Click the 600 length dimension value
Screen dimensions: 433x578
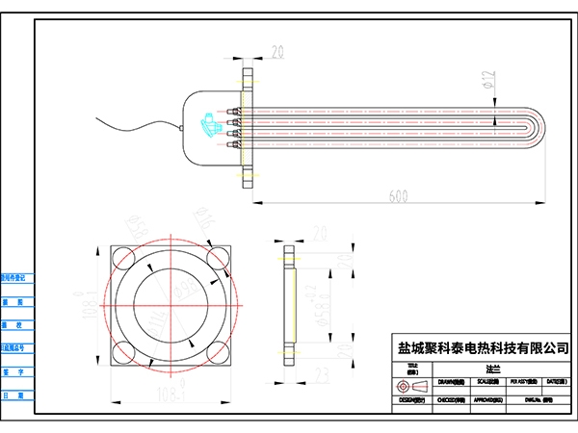(x=397, y=195)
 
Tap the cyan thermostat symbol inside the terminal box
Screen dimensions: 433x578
(x=207, y=124)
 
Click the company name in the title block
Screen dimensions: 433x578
(x=484, y=346)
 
